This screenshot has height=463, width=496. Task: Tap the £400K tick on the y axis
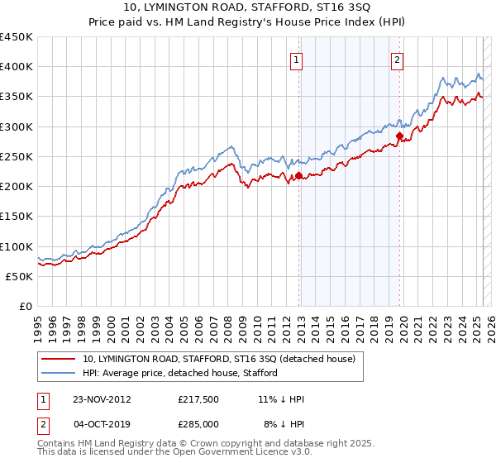[17, 67]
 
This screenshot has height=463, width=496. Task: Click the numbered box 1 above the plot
[296, 60]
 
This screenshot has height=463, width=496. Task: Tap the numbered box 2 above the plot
[397, 60]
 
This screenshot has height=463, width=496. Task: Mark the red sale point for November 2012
[298, 175]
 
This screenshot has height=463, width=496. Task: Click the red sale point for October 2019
[399, 136]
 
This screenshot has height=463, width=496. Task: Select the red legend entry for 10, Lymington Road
[218, 359]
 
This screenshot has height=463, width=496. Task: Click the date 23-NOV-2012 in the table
[102, 399]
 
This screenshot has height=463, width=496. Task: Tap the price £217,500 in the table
[198, 399]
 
